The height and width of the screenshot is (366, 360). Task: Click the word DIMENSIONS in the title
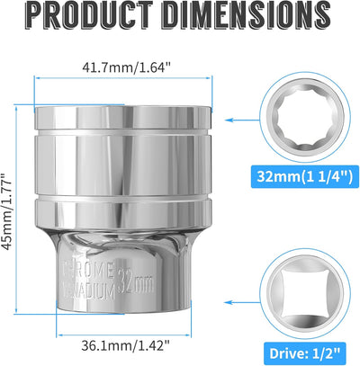point(248,15)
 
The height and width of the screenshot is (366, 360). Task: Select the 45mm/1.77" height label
point(7,211)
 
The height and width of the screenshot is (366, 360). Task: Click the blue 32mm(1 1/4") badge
point(305,176)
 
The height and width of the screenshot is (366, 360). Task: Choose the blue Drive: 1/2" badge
point(305,353)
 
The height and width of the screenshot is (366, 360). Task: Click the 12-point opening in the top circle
point(305,117)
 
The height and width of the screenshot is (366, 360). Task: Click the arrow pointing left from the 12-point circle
point(242,121)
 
